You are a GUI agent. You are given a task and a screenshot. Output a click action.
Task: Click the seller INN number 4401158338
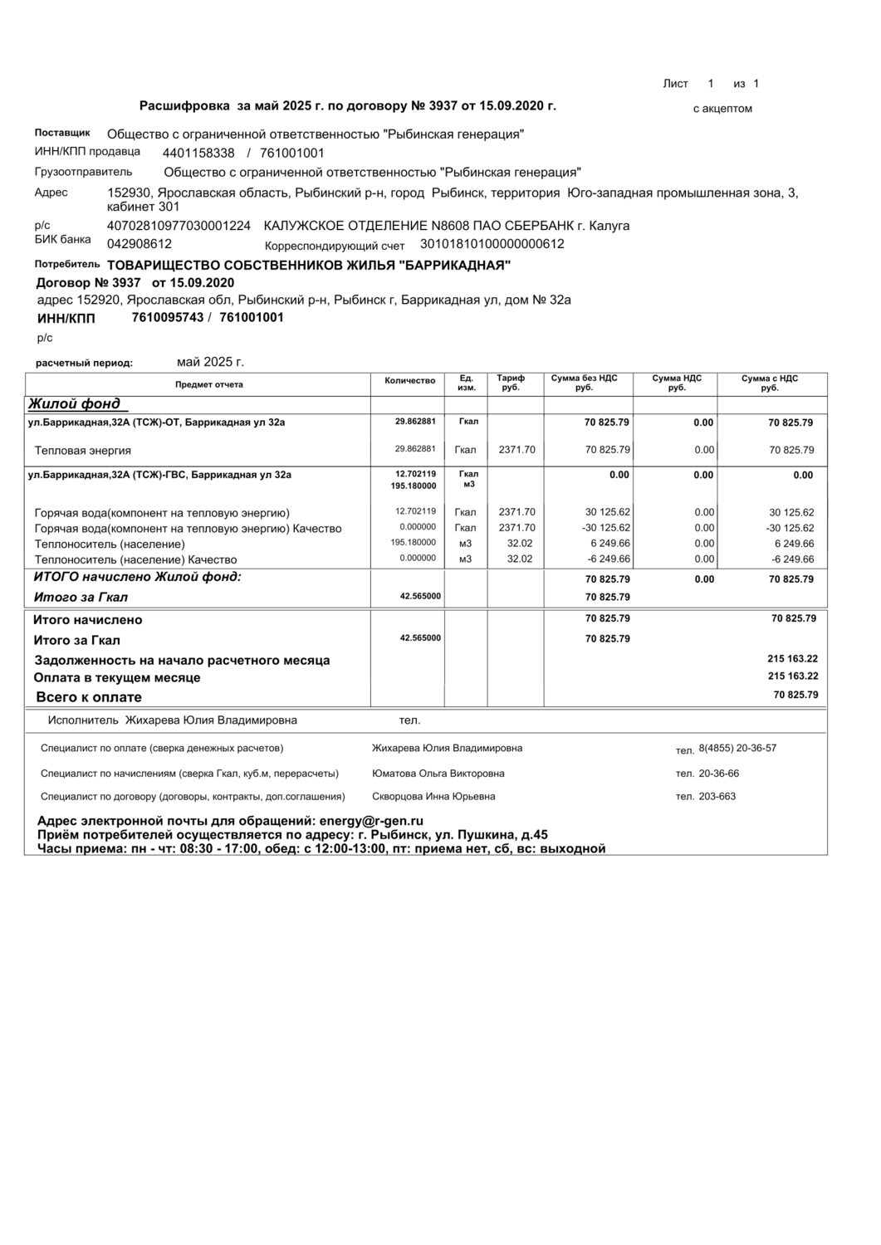[198, 154]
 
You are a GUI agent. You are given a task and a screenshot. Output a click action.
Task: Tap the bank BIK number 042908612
[139, 244]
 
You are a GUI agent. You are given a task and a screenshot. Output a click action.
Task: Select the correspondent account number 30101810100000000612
[492, 244]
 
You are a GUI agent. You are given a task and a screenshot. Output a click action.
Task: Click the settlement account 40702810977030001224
[179, 226]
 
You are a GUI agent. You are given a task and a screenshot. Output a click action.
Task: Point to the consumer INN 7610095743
[168, 318]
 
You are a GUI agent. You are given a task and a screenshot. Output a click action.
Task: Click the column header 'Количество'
[410, 381]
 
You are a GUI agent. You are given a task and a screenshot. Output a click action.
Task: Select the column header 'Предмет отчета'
[209, 385]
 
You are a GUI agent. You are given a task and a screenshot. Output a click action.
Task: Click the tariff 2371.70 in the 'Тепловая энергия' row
[516, 451]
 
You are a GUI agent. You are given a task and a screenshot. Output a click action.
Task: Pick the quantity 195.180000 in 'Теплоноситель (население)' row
[415, 543]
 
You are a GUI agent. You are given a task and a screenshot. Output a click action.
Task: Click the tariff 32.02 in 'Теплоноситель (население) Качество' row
[520, 559]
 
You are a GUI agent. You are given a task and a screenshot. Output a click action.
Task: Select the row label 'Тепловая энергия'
[83, 451]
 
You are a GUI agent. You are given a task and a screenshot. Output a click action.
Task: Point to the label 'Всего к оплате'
[89, 697]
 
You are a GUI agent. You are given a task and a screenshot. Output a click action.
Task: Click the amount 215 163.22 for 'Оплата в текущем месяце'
[793, 676]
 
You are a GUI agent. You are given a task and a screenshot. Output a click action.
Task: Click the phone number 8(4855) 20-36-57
[737, 749]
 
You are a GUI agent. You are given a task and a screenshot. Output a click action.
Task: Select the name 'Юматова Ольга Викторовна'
[438, 774]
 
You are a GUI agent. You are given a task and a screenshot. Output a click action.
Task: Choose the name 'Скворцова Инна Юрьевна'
[433, 797]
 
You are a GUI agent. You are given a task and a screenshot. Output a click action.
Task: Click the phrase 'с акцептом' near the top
[722, 109]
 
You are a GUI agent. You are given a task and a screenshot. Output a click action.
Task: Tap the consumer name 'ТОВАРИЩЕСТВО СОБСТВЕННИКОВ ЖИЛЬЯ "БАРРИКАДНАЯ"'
[309, 266]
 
